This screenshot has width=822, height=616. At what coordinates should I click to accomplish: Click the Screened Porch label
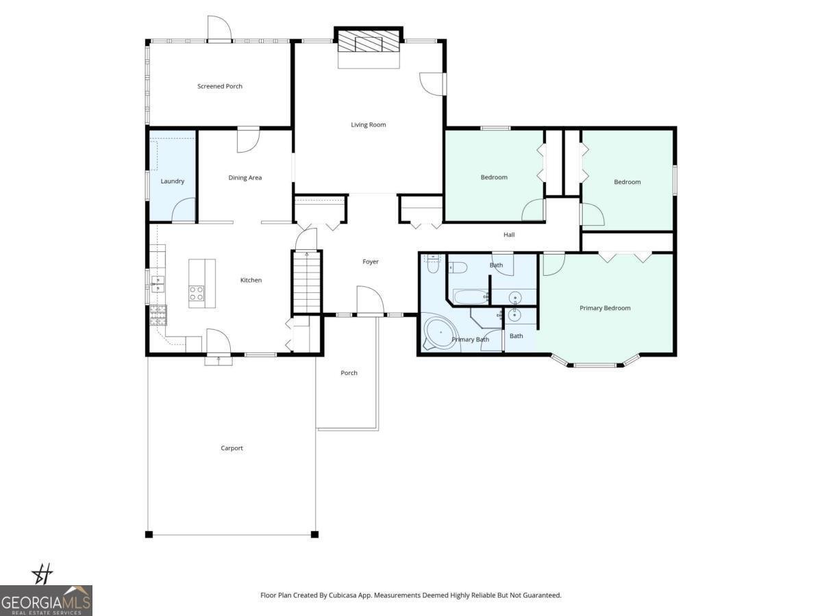220,86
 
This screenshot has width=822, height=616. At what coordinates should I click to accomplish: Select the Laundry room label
173,181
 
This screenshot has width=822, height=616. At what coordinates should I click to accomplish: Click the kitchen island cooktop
197,294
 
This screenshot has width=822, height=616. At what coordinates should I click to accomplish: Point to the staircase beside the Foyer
308,281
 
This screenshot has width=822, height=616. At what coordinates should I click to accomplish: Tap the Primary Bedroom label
605,308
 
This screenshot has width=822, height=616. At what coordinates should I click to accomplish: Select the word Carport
232,448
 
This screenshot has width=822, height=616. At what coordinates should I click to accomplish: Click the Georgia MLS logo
46,600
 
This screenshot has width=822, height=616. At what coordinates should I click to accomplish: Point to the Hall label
509,235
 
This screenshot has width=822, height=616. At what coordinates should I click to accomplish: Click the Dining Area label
245,178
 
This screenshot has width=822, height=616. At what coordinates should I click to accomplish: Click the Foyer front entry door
370,301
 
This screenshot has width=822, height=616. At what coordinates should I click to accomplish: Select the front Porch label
349,373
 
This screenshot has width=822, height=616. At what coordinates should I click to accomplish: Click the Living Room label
369,125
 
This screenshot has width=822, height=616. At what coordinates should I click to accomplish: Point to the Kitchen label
251,280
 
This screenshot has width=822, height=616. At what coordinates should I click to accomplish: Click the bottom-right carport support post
314,534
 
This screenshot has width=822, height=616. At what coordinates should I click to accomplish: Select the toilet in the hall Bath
458,266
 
